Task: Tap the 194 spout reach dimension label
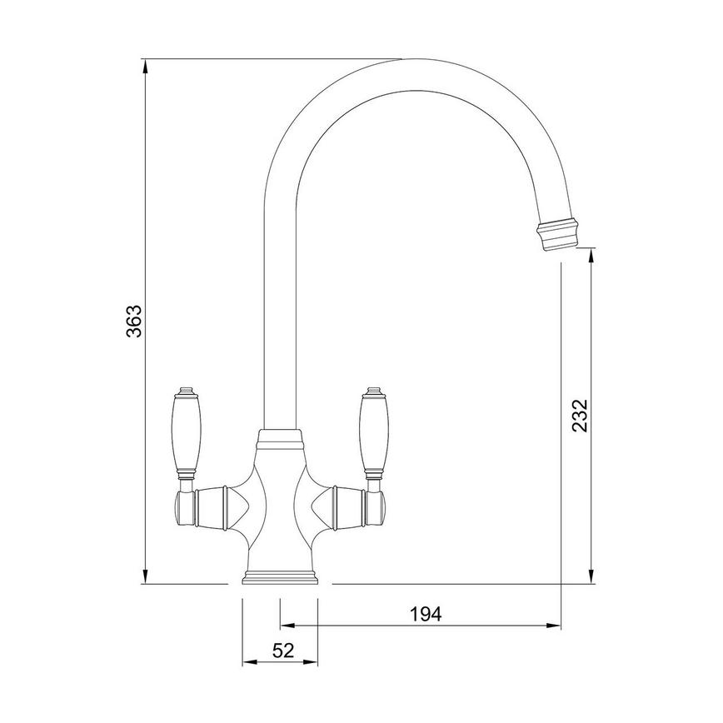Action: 425,614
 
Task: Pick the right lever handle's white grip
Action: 371,432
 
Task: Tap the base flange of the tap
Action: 280,578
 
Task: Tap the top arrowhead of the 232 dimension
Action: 591,254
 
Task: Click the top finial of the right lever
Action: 373,391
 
